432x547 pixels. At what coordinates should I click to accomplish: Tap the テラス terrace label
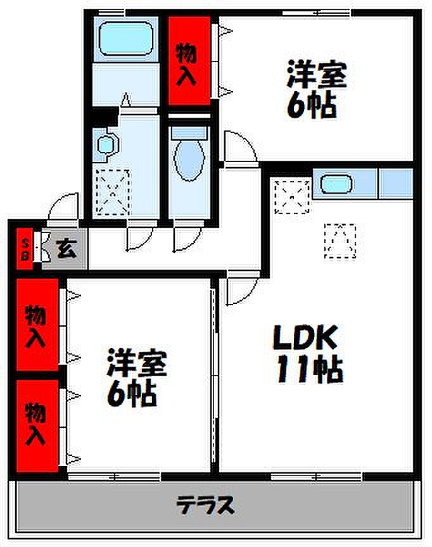(206, 506)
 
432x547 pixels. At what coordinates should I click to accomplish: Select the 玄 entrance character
(67, 248)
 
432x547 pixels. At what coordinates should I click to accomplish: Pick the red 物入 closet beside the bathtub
(188, 61)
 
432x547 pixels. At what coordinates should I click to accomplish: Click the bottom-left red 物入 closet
(35, 424)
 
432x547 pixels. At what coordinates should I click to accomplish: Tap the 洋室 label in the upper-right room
(316, 75)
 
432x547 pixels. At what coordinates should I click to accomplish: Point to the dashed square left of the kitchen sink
(293, 196)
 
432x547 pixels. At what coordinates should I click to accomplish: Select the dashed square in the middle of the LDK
(340, 241)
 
